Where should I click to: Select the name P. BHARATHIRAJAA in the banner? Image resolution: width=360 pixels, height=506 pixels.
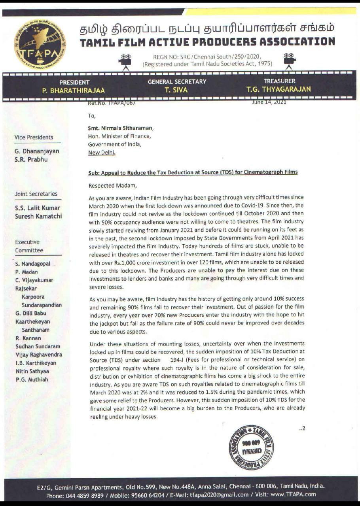pyautogui.click(x=74, y=90)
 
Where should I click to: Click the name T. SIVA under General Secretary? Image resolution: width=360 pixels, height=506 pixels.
pyautogui.click(x=176, y=90)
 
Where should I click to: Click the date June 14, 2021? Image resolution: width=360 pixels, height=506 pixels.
pyautogui.click(x=269, y=102)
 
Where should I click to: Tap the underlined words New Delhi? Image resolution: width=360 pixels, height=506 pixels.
pyautogui.click(x=102, y=153)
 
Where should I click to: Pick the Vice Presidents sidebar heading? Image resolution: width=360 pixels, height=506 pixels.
pyautogui.click(x=34, y=137)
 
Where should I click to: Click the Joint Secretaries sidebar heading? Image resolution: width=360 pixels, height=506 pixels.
pyautogui.click(x=36, y=194)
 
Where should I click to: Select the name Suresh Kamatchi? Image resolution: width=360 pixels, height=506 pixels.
pyautogui.click(x=38, y=216)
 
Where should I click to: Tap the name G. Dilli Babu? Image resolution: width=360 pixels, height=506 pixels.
pyautogui.click(x=34, y=313)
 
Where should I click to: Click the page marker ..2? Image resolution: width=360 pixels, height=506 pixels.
pyautogui.click(x=302, y=429)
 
